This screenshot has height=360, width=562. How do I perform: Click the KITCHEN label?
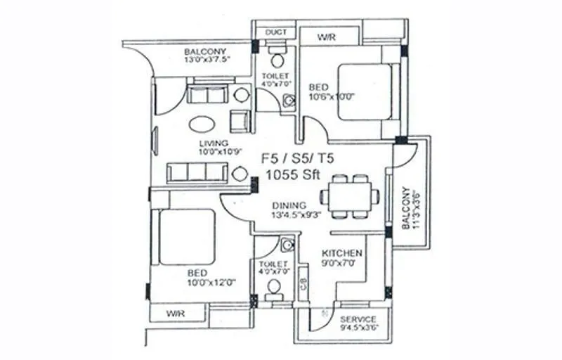(342, 253)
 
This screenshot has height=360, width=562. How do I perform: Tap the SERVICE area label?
(358, 319)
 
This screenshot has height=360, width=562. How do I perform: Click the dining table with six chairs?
(349, 196)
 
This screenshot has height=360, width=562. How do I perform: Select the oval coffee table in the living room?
(203, 123)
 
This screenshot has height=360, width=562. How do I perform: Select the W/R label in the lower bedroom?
(176, 313)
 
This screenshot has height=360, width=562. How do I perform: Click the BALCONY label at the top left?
(205, 51)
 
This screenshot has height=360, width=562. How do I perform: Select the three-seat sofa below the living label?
(197, 172)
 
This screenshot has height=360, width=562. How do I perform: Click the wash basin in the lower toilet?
(286, 245)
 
